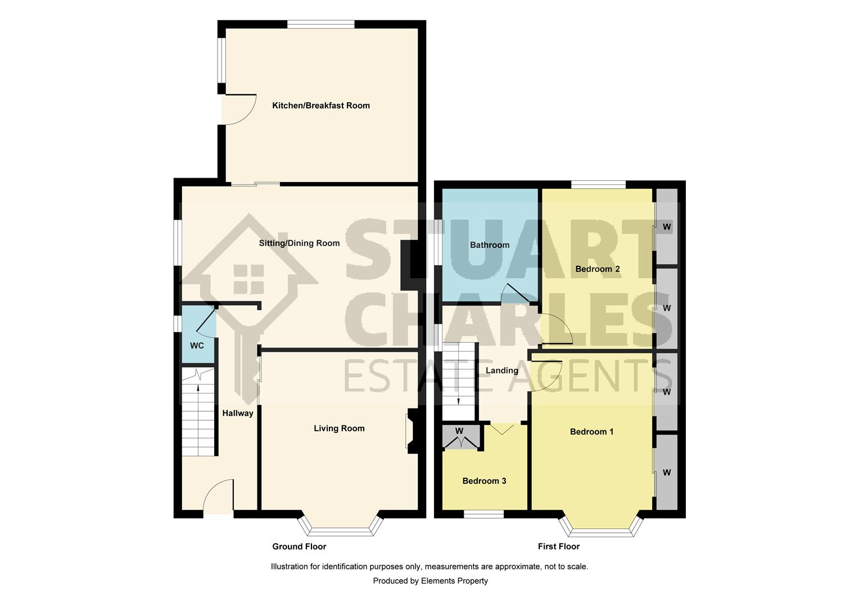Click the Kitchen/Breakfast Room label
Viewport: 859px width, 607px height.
tap(321, 106)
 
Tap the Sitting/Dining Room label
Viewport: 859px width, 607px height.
tap(299, 243)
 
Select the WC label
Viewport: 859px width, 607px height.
tap(197, 346)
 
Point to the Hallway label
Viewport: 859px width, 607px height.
tap(238, 413)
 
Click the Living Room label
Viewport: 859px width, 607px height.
tap(339, 428)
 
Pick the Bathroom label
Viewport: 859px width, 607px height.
tap(490, 245)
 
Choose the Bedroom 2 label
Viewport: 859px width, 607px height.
tap(598, 269)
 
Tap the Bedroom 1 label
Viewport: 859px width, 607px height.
tap(591, 432)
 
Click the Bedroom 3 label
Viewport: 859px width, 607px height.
tap(484, 481)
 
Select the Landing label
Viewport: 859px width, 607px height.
tap(501, 371)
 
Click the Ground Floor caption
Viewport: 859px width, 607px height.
tap(299, 546)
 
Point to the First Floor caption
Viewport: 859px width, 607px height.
tap(558, 546)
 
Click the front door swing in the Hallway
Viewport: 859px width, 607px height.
tap(218, 496)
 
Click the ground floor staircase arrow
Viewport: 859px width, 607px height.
tap(198, 382)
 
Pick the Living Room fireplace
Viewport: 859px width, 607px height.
tap(412, 431)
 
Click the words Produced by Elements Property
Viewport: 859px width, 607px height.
tap(430, 581)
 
